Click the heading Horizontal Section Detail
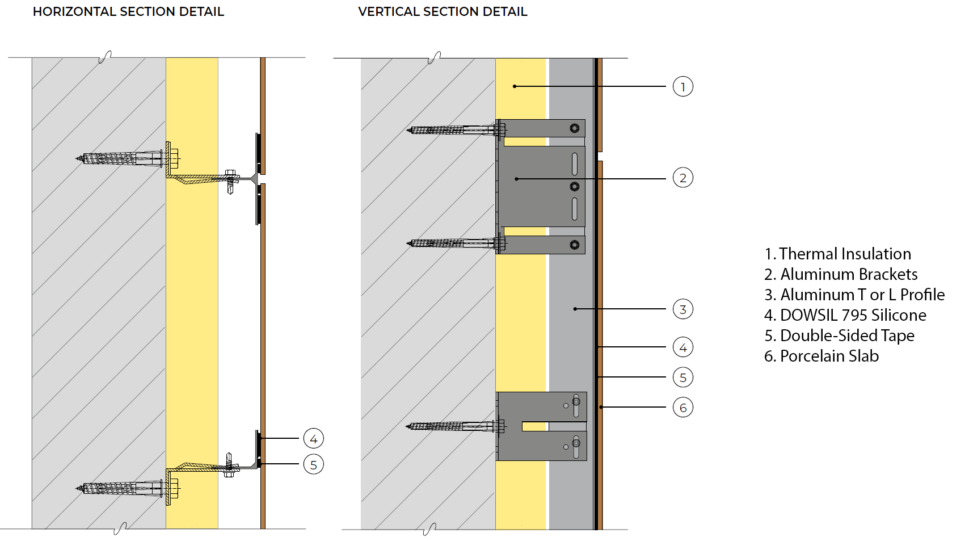tap(128, 12)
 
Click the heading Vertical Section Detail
tap(443, 12)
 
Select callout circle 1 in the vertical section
tap(682, 87)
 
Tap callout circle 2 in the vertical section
tap(682, 178)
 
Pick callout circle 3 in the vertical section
tap(682, 309)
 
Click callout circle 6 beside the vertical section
tap(682, 408)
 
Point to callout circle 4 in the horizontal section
tap(313, 439)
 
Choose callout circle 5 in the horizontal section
tap(313, 465)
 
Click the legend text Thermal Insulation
tap(837, 254)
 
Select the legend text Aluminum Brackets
tap(841, 274)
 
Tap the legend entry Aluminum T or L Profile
tap(854, 295)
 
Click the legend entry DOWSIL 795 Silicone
tap(845, 315)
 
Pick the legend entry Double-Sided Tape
tap(839, 335)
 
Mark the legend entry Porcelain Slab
tap(821, 356)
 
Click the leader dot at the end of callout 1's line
tap(515, 86)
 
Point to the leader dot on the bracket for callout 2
tap(516, 179)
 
